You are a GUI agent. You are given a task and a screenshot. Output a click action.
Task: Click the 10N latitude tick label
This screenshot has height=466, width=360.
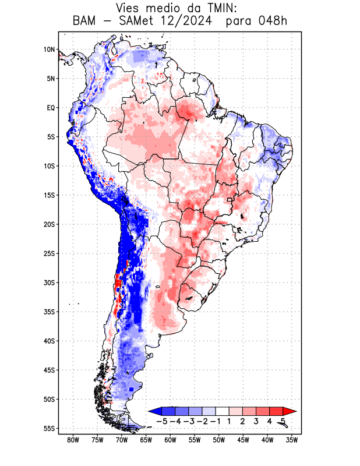point(50,50)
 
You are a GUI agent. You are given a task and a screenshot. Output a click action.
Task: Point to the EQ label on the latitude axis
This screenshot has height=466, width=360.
point(51,108)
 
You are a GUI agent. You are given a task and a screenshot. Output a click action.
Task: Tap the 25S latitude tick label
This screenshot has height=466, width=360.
point(50,253)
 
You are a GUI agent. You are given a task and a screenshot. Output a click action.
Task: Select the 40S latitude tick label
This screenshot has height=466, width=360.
point(50,341)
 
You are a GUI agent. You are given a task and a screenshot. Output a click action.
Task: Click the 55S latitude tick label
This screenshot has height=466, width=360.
point(50,428)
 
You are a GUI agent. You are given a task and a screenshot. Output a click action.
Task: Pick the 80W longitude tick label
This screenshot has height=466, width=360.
point(73,440)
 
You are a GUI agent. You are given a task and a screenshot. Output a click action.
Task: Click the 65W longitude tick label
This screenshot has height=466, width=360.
point(146,440)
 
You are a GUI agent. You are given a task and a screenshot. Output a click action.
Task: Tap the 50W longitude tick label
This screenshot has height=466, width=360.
point(219,440)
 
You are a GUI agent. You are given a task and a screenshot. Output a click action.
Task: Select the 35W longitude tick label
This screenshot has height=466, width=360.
point(292,440)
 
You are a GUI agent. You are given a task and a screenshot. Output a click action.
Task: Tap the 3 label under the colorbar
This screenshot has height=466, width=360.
point(256,421)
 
